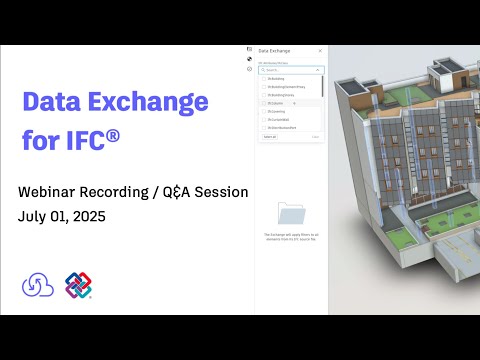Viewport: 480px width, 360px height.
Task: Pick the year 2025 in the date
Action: (87, 216)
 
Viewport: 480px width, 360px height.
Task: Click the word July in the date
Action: (31, 216)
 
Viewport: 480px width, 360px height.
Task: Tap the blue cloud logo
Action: (38, 284)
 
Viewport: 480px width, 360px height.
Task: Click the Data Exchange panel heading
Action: (274, 50)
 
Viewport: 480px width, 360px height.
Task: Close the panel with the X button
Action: (320, 50)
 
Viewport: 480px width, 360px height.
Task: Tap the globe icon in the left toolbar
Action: (248, 59)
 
